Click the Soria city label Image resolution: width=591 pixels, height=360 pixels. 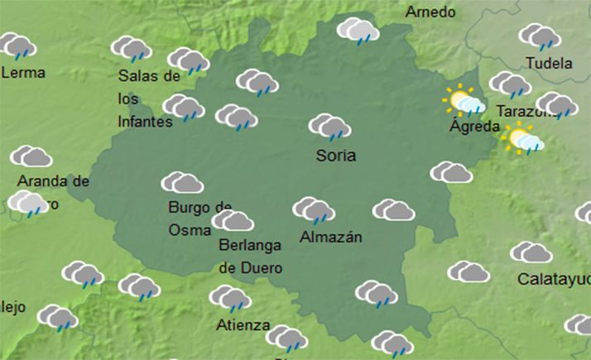click(x=336, y=156)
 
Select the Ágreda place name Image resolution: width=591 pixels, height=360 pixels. click(x=474, y=127)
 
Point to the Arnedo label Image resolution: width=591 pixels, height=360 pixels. click(x=430, y=12)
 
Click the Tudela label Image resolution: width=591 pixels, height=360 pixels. click(x=549, y=63)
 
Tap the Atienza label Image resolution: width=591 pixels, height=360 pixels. click(x=243, y=324)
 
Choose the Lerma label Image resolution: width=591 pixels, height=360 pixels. click(x=24, y=72)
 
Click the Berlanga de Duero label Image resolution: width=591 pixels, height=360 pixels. click(x=250, y=257)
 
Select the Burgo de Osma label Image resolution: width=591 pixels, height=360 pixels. click(x=199, y=218)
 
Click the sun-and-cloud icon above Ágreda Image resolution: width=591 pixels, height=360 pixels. click(x=464, y=102)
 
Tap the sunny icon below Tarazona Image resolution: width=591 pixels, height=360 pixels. click(x=525, y=140)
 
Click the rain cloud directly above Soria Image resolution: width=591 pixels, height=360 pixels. click(x=330, y=127)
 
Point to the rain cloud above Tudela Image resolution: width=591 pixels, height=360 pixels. click(x=540, y=36)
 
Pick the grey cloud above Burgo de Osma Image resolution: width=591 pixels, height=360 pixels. click(x=183, y=182)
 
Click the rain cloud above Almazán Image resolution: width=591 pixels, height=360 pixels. click(x=314, y=209)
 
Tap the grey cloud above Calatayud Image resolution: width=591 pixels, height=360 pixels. click(x=531, y=252)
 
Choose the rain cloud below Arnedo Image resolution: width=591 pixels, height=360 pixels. click(x=358, y=30)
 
